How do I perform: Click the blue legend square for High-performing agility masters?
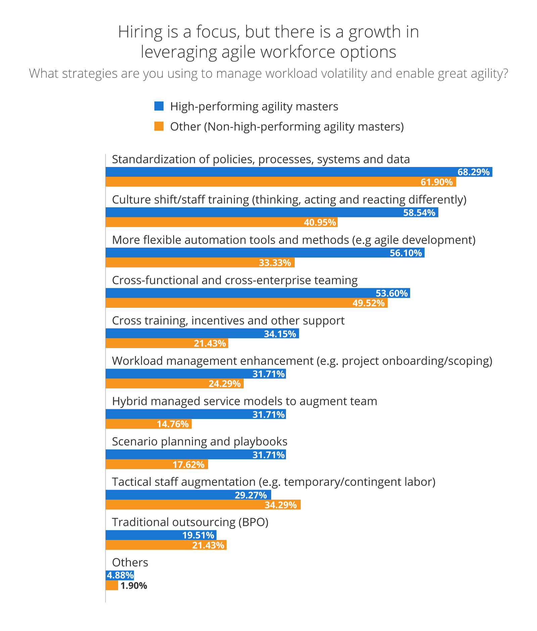(159, 106)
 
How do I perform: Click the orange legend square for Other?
(159, 126)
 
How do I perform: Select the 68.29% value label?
(473, 172)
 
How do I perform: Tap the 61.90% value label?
(437, 182)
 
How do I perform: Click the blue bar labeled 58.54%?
(272, 212)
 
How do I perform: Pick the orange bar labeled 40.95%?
(222, 222)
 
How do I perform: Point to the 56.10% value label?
(405, 253)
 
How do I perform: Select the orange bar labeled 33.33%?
(200, 263)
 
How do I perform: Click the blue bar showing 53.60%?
(258, 293)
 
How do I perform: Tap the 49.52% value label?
(368, 303)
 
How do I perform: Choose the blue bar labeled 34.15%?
(202, 334)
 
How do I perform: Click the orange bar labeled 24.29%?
(175, 384)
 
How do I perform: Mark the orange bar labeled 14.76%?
(148, 424)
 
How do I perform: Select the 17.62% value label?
(188, 465)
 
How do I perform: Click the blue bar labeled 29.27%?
(188, 495)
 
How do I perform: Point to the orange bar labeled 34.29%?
(203, 505)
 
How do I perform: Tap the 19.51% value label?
(198, 535)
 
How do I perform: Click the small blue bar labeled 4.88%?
(120, 575)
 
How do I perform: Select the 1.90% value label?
(134, 586)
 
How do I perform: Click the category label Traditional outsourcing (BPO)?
(190, 522)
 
